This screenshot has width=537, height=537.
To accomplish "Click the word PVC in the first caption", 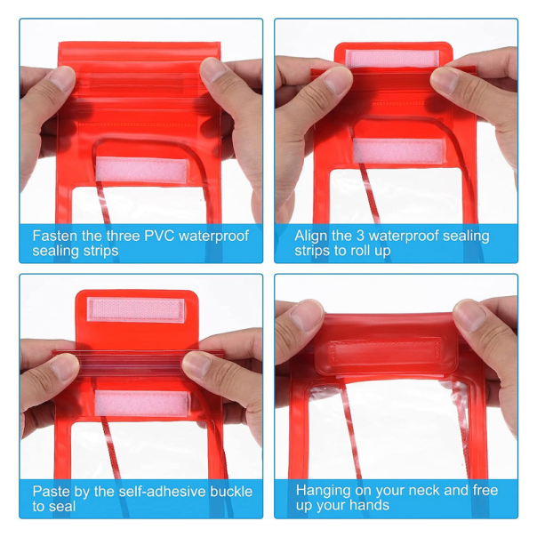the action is [160, 236].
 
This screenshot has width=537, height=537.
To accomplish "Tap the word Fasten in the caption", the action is [55, 236].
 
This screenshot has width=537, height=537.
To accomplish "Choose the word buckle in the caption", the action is [231, 492].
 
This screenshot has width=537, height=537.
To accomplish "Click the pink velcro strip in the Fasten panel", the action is [141, 170].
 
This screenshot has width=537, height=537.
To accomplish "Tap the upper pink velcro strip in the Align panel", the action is [392, 58].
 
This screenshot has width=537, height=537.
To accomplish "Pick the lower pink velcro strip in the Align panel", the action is [398, 150].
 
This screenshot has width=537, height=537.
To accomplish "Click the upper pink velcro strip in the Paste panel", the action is [136, 309].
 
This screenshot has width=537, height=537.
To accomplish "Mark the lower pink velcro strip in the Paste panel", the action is [141, 403].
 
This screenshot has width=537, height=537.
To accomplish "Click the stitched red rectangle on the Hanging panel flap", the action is [385, 351].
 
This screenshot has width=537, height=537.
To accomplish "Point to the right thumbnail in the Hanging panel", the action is [469, 315].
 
